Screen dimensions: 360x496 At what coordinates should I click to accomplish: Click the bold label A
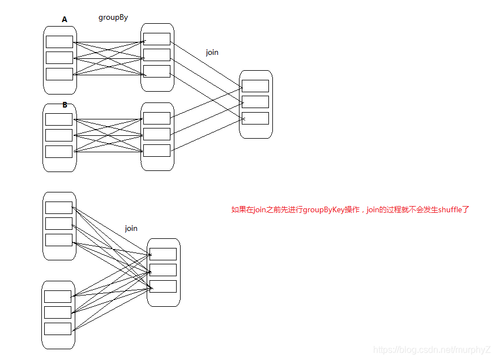click(65, 20)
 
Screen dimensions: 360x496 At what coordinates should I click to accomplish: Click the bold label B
click(65, 105)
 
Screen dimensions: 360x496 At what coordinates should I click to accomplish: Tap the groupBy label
click(113, 18)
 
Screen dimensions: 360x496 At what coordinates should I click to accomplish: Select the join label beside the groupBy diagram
click(212, 52)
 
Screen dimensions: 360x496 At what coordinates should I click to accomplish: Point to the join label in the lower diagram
click(131, 228)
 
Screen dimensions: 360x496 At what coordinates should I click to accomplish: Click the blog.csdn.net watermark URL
click(433, 350)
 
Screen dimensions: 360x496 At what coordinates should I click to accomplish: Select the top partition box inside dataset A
click(59, 42)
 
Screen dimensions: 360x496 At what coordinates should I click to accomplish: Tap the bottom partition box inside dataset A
click(59, 74)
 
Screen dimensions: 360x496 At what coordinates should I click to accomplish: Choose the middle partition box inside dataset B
click(59, 135)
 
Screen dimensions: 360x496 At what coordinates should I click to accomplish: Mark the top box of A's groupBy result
click(157, 39)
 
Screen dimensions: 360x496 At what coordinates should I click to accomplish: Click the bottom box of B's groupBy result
click(157, 151)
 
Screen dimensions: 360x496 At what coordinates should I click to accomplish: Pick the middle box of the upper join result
click(255, 102)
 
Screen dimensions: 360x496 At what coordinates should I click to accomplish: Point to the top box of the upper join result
click(255, 86)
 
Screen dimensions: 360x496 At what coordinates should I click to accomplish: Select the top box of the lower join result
click(163, 254)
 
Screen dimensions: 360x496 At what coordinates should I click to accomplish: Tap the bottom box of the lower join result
click(163, 286)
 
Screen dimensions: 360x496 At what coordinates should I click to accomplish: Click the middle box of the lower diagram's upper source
click(59, 224)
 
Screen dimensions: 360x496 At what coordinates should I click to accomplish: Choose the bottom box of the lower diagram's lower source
click(58, 329)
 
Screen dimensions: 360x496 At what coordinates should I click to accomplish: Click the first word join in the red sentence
click(260, 209)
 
